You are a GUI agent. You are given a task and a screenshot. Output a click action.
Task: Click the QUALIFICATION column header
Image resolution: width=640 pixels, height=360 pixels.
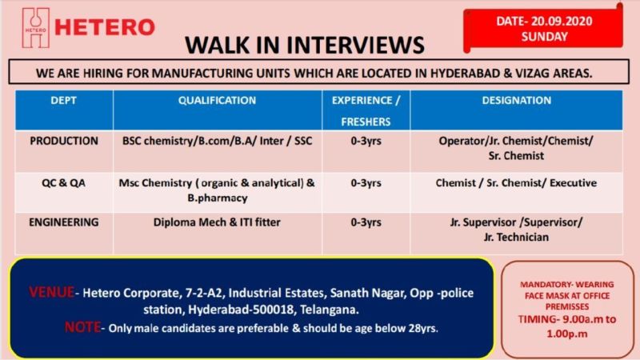pyautogui.click(x=217, y=101)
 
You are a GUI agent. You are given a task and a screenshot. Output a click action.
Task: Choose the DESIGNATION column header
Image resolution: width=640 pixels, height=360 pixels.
pyautogui.click(x=516, y=101)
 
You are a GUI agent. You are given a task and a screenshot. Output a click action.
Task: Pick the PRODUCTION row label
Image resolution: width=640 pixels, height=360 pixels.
pyautogui.click(x=64, y=141)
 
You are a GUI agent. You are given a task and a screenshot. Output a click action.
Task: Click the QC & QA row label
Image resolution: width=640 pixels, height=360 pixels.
pyautogui.click(x=64, y=183)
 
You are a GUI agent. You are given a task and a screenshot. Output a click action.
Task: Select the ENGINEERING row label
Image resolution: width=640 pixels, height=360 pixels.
pyautogui.click(x=64, y=222)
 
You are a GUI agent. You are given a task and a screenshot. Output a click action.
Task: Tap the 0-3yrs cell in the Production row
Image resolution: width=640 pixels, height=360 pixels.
pyautogui.click(x=366, y=141)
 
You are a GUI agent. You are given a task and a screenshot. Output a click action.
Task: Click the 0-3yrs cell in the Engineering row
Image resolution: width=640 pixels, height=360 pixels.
pyautogui.click(x=366, y=222)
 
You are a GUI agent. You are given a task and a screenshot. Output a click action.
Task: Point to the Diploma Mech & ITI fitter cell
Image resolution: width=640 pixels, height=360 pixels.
pyautogui.click(x=217, y=222)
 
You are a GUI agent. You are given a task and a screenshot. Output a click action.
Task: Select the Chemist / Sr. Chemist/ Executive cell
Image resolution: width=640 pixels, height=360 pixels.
pyautogui.click(x=516, y=183)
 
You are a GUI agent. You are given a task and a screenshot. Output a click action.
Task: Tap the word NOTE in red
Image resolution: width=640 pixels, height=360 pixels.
pyautogui.click(x=82, y=328)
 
